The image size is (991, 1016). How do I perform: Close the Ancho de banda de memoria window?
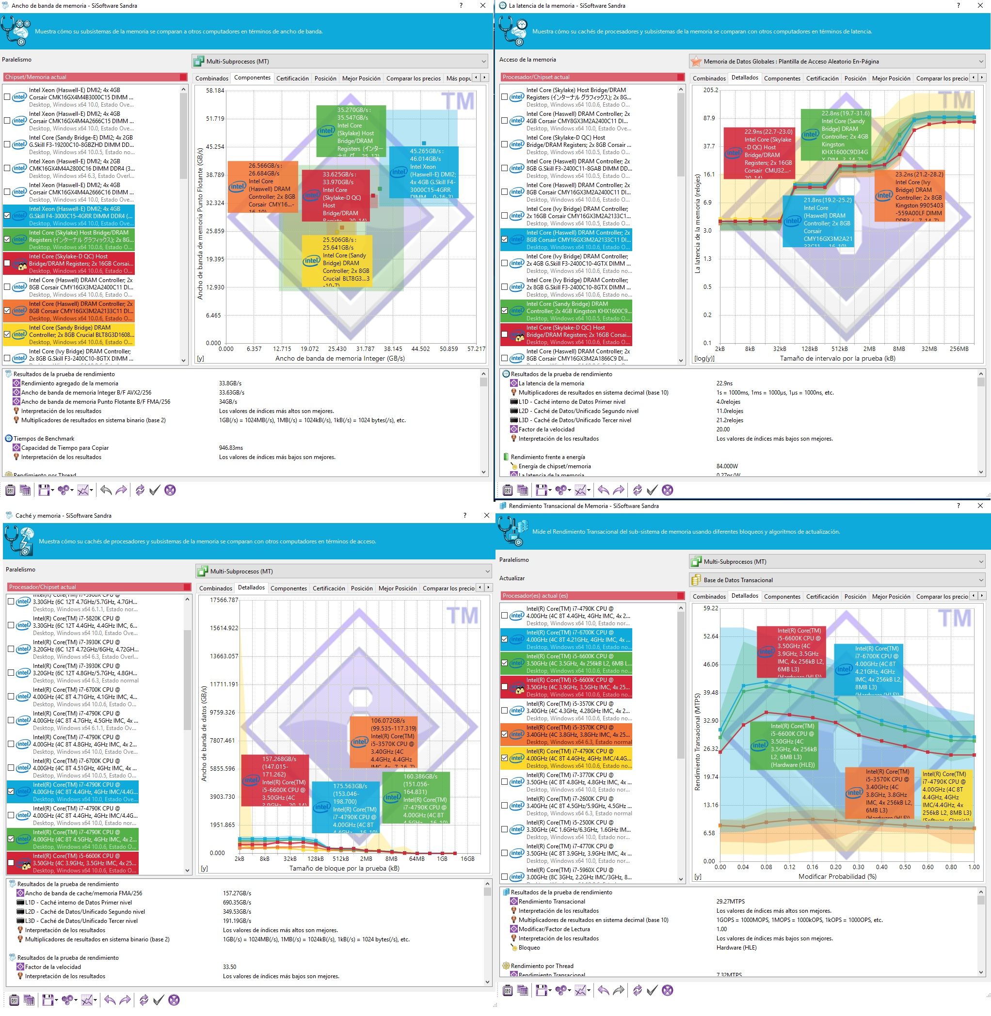click(482, 6)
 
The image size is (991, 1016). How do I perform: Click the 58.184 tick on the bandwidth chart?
click(215, 91)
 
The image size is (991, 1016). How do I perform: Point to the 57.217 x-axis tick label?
click(476, 349)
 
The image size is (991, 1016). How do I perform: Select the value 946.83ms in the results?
click(231, 447)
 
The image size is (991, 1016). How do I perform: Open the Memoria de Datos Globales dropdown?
click(837, 62)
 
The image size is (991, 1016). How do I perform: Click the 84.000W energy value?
click(727, 466)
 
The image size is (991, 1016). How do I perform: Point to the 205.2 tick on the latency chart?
click(710, 90)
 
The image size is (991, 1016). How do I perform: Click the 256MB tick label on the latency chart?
click(959, 349)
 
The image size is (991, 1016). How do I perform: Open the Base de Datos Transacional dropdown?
click(837, 580)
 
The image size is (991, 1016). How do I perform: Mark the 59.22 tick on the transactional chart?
click(710, 608)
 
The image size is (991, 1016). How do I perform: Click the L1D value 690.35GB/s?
click(237, 903)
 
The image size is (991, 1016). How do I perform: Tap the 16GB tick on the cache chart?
click(467, 859)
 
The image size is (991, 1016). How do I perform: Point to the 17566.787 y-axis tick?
click(224, 600)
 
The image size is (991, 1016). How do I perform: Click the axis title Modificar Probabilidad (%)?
click(837, 876)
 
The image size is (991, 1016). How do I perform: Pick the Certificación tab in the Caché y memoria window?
click(328, 588)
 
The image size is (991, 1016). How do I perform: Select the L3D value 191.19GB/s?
click(237, 921)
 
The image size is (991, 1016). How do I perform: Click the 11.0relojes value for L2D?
click(729, 411)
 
